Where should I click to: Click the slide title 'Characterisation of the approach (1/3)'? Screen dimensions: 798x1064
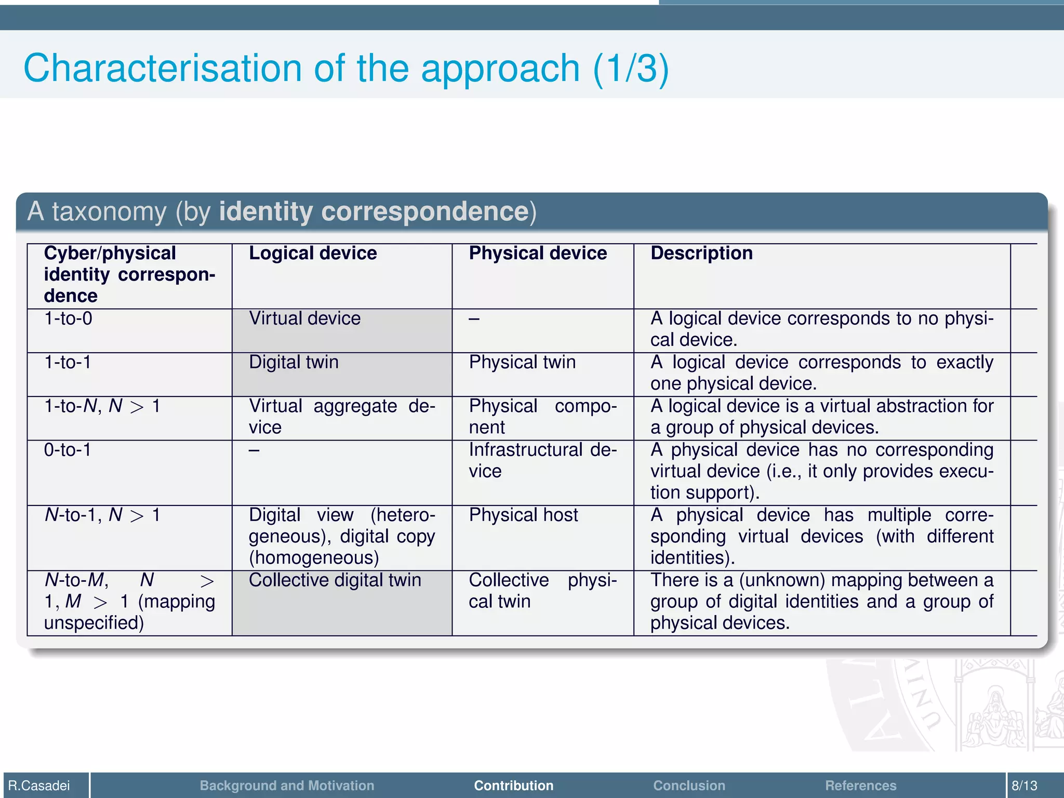346,68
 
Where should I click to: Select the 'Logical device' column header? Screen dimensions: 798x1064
313,254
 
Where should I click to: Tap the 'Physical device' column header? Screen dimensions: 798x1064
538,254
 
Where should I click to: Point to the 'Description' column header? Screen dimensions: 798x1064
701,254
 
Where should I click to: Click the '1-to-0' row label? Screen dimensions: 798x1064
68,318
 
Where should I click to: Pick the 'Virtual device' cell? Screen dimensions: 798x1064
304,318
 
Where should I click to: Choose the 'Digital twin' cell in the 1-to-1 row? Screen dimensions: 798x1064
294,362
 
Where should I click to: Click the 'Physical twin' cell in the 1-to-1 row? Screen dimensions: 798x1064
522,362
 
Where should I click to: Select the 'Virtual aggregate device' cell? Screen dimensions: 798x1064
341,417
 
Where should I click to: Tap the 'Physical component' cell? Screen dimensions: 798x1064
542,417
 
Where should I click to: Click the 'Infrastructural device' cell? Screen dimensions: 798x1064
542,460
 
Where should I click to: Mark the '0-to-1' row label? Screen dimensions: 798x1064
68,450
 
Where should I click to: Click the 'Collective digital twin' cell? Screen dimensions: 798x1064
335,580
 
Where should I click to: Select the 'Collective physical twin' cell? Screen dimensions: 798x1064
542,591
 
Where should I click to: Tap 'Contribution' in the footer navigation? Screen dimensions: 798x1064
513,786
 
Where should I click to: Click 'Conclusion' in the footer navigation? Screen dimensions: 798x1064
689,786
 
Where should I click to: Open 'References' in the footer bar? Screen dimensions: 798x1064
860,786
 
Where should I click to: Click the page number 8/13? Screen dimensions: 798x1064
1024,786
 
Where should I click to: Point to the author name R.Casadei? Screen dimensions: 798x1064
39,786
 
